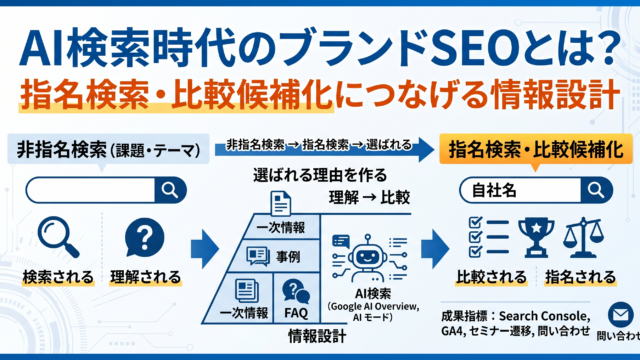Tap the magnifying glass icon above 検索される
(58, 237)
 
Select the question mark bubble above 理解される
(144, 238)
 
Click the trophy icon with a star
(536, 238)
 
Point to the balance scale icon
(583, 238)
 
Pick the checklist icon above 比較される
(489, 237)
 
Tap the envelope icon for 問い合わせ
(620, 315)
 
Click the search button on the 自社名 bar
(596, 190)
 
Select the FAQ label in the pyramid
(296, 313)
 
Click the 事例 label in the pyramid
(288, 257)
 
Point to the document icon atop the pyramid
(281, 203)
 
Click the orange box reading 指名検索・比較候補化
(536, 149)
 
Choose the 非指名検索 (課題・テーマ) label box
(108, 149)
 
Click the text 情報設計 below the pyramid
(317, 336)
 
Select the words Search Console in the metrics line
(544, 316)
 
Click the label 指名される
(580, 278)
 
